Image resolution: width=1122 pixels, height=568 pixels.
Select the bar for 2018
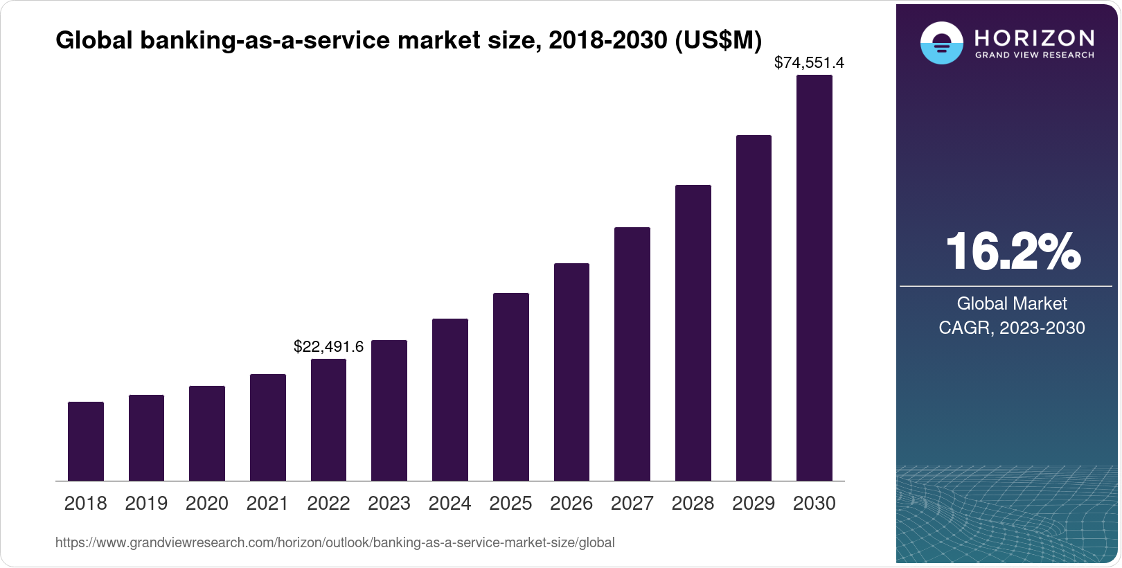point(86,441)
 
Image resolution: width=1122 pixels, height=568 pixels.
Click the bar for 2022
point(328,420)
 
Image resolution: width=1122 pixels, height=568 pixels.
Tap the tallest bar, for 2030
point(814,278)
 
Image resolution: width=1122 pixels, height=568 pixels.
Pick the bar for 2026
point(571,372)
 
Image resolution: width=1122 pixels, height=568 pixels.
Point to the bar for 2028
point(693,332)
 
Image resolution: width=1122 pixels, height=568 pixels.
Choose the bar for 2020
point(207,433)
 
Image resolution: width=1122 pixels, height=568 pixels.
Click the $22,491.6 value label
point(328,346)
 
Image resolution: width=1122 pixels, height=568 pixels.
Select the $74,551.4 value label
point(809,63)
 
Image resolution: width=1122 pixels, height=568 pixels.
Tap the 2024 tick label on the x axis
point(450,504)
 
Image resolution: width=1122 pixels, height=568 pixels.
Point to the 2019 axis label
point(146,504)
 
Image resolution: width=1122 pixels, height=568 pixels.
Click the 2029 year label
point(754,504)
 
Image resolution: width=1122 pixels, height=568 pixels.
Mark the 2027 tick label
point(632,504)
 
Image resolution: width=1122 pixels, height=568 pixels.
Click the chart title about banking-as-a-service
point(409,41)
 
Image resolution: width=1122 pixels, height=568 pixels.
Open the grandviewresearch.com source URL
point(335,542)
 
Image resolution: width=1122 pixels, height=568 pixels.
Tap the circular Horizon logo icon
point(941,44)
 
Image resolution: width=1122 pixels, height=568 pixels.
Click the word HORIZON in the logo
point(1034,37)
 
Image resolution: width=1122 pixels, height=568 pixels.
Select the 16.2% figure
point(1013,251)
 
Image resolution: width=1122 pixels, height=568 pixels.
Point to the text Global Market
point(1012,303)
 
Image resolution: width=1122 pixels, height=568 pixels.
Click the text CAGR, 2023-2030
point(1012,328)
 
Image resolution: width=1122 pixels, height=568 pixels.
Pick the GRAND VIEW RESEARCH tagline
point(1034,55)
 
